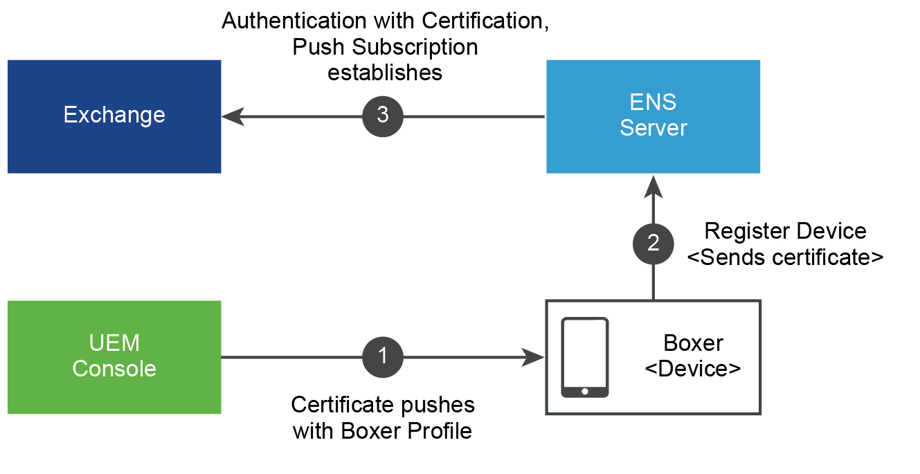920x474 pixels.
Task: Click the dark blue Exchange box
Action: (114, 116)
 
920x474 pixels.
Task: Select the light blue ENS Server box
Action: (653, 116)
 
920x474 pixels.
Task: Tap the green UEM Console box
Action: (114, 356)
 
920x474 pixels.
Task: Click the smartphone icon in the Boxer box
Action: (585, 357)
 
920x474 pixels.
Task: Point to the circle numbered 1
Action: (382, 357)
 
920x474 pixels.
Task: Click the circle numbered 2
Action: (653, 243)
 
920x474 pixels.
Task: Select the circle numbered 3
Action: (382, 116)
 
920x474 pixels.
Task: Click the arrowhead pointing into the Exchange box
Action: (233, 116)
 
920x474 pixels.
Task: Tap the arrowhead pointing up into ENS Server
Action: (653, 185)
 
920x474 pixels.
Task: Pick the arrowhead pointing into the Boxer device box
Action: (534, 357)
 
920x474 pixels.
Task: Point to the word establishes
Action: (385, 73)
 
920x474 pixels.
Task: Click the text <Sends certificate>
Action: (786, 257)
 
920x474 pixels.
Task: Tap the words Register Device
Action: (785, 231)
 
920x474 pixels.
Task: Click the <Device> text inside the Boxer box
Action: (693, 368)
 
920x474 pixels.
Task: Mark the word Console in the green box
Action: (114, 369)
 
